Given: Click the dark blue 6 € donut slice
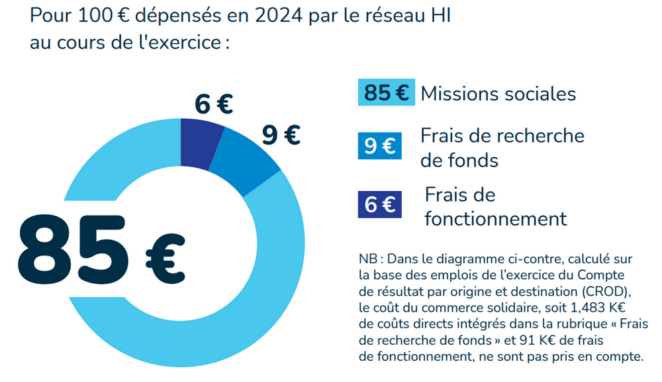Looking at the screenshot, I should [201, 140].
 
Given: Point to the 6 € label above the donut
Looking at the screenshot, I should [214, 104].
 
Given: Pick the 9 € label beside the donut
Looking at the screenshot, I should [281, 135].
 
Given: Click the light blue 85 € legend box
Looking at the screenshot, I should [386, 93].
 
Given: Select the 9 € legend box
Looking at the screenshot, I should [379, 146].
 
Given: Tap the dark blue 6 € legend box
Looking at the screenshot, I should [379, 204].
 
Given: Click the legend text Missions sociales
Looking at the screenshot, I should [498, 94].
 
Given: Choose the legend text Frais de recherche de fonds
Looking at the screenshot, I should [502, 148].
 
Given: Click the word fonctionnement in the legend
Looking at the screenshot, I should [496, 218].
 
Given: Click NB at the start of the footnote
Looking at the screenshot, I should [368, 259].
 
